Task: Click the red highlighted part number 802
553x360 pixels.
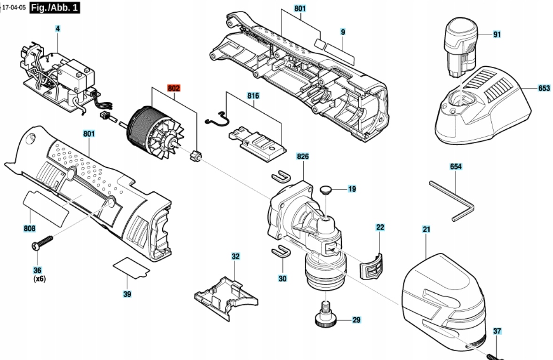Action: tap(174, 88)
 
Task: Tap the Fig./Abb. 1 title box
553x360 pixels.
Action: tap(55, 8)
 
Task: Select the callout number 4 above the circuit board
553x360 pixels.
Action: tap(58, 29)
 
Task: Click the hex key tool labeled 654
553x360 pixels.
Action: tap(452, 201)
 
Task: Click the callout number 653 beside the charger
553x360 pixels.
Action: tap(544, 88)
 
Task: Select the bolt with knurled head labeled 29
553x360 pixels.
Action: tap(325, 313)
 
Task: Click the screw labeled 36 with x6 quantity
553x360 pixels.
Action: tap(42, 242)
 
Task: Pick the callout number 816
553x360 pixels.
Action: tap(253, 95)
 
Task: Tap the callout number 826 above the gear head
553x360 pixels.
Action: tap(303, 156)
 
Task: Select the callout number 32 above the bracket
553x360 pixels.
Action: tap(236, 256)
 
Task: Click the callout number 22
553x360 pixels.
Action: tap(380, 227)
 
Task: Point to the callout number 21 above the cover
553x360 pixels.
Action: tap(427, 229)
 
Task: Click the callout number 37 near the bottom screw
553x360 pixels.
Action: tap(497, 331)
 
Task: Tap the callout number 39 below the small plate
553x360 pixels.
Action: tap(127, 294)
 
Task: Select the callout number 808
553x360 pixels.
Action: tap(30, 228)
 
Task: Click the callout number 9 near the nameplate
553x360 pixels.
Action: tap(343, 32)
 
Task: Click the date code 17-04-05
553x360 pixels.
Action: tap(14, 8)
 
